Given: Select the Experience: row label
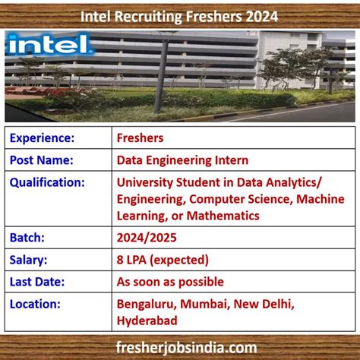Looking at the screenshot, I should [x=42, y=138].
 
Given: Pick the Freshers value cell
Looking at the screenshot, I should [x=141, y=138].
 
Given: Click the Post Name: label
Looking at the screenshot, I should [x=41, y=160].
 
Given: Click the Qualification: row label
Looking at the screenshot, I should [x=47, y=182].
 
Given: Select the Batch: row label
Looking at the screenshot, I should [x=27, y=238].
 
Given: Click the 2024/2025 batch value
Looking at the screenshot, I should [x=147, y=238].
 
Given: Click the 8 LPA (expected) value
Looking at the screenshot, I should [x=163, y=260].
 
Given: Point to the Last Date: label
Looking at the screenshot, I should [x=37, y=282].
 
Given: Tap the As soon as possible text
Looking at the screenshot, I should [x=170, y=282].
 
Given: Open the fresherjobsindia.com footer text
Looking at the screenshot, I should [x=181, y=347].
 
